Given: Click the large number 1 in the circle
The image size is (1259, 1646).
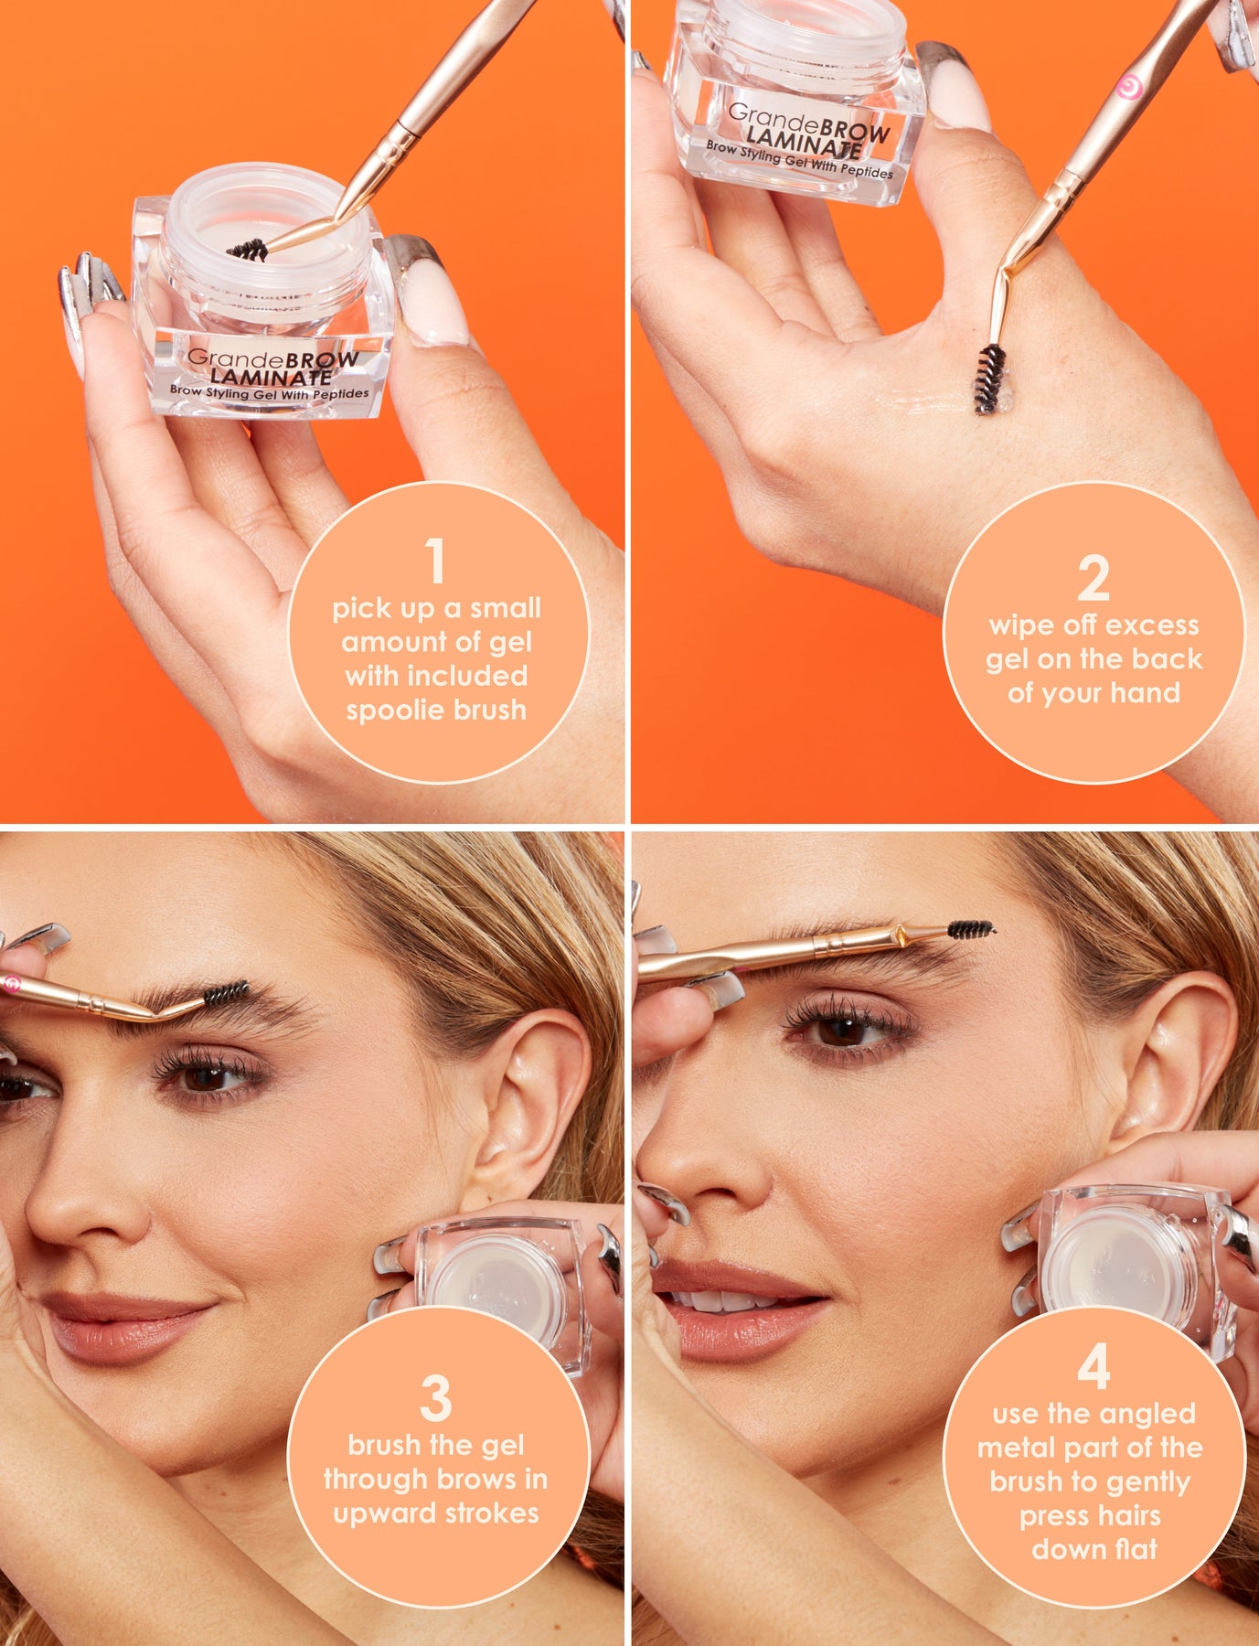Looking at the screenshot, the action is [x=436, y=561].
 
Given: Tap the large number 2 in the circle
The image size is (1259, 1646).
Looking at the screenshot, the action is [x=1094, y=578].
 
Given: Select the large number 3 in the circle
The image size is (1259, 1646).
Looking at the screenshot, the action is [x=436, y=1398].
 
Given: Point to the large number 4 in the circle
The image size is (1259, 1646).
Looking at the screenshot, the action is [x=1094, y=1367].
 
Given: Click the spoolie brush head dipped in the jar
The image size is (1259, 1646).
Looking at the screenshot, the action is [x=247, y=250].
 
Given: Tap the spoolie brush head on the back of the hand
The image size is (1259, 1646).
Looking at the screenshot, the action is [x=990, y=379].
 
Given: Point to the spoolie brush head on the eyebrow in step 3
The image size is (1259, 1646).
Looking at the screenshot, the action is [x=225, y=994].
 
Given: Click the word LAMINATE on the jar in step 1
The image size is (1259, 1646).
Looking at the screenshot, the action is [x=271, y=375].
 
